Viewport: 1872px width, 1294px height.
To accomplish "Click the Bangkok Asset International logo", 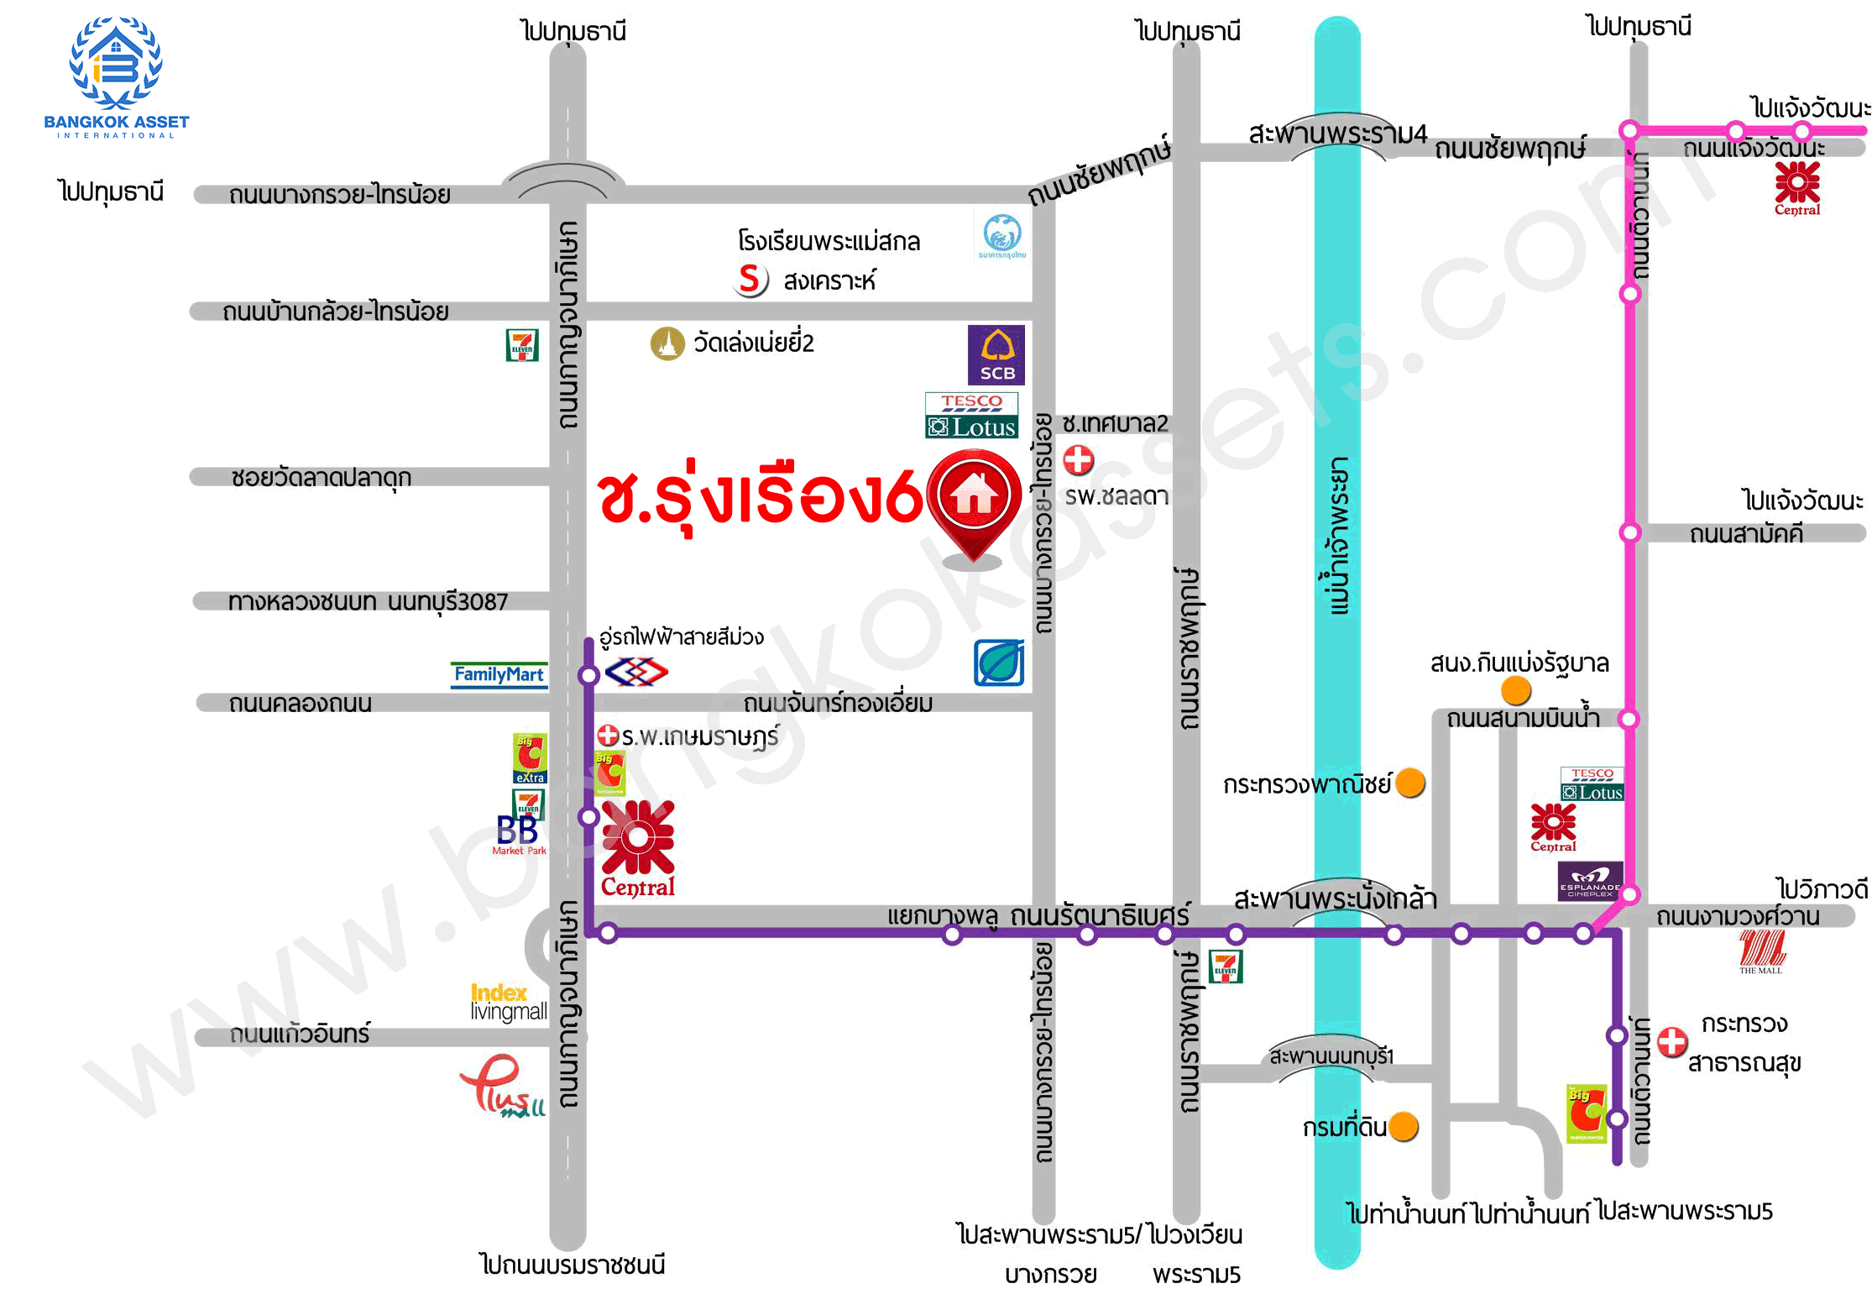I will pos(116,76).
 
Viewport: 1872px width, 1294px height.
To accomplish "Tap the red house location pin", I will pos(974,500).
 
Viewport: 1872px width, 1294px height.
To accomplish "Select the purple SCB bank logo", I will pos(996,354).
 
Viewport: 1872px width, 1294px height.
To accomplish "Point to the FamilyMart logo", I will pos(499,674).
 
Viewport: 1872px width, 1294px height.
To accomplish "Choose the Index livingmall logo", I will pos(508,1003).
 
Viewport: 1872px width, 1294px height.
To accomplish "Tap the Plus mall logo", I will pos(502,1086).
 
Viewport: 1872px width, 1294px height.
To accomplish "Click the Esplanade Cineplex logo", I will pos(1590,882).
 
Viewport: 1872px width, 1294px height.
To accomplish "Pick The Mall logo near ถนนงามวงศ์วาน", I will pos(1761,952).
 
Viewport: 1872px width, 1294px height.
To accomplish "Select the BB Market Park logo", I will pos(518,835).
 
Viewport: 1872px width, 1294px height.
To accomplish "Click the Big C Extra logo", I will pos(530,757).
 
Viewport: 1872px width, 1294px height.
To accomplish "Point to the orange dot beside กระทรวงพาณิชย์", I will pos(1410,783).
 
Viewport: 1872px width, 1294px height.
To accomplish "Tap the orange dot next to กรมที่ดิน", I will pos(1403,1127).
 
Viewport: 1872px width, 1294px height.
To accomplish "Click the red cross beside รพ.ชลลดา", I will pos(1079,459).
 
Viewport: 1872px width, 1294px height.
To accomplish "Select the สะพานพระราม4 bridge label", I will pos(1337,134).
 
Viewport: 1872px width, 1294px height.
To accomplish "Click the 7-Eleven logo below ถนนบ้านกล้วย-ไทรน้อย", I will pos(522,345).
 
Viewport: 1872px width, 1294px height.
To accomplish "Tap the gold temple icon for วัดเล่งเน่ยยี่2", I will pos(667,343).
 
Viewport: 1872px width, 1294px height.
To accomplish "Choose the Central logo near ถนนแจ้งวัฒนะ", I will pos(1796,188).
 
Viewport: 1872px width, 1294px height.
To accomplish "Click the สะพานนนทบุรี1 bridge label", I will pos(1331,1056).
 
